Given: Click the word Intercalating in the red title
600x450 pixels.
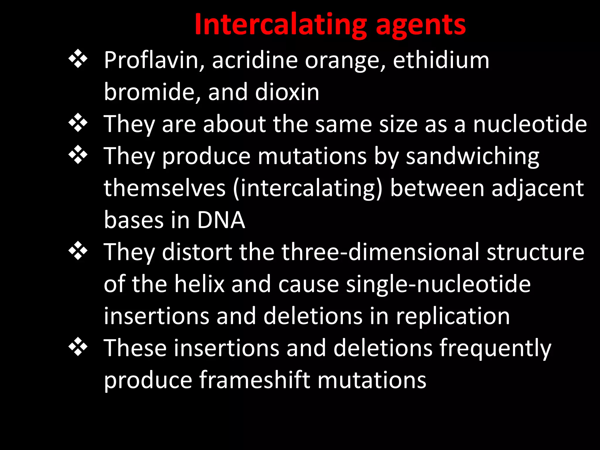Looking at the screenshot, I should [280, 25].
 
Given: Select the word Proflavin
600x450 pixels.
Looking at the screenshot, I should [154, 60].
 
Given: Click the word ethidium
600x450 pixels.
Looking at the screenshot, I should [441, 60].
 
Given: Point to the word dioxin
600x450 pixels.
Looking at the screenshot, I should [287, 92].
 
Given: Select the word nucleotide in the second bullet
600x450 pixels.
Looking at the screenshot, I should [530, 124].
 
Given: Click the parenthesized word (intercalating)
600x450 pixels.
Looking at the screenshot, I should [308, 188].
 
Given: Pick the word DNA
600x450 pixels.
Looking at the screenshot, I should [221, 220].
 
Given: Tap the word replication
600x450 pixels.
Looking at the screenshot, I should [453, 316].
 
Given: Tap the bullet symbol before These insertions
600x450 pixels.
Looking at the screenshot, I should [78, 347].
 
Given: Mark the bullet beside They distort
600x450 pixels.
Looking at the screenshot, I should [78, 251].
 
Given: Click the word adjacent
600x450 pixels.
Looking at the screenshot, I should [538, 188].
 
